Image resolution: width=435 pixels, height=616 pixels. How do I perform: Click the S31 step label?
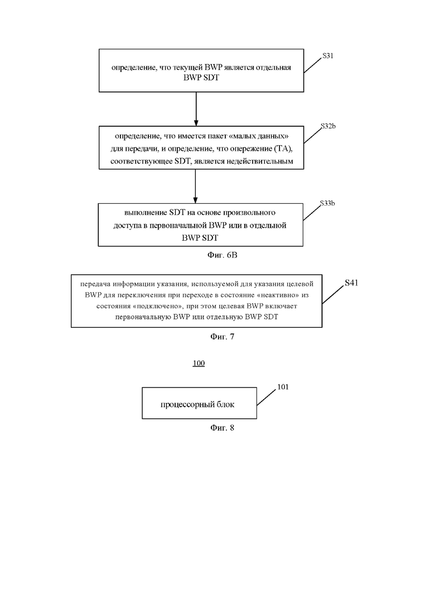tap(327, 56)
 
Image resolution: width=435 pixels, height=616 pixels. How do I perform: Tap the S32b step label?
tap(328, 126)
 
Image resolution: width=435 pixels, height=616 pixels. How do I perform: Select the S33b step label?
tap(327, 203)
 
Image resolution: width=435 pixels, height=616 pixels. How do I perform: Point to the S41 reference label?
tap(351, 283)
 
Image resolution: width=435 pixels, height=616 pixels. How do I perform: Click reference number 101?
tap(283, 387)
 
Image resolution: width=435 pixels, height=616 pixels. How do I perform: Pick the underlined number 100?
tap(199, 363)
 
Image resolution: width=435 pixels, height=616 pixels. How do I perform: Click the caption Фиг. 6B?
tap(223, 255)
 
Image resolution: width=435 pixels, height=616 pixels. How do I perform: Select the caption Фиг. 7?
tap(223, 337)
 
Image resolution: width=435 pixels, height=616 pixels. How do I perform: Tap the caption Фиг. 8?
tap(222, 428)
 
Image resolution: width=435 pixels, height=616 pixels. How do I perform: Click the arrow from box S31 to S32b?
tap(196, 109)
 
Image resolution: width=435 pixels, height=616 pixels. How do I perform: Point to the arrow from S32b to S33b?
tap(195, 186)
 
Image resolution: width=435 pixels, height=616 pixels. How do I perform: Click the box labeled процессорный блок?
tap(199, 403)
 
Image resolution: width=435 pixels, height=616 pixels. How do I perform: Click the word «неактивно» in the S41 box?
tap(278, 295)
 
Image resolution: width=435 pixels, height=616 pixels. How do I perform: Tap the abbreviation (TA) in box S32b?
tap(284, 149)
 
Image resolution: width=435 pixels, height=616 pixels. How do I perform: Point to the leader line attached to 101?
tap(267, 398)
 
